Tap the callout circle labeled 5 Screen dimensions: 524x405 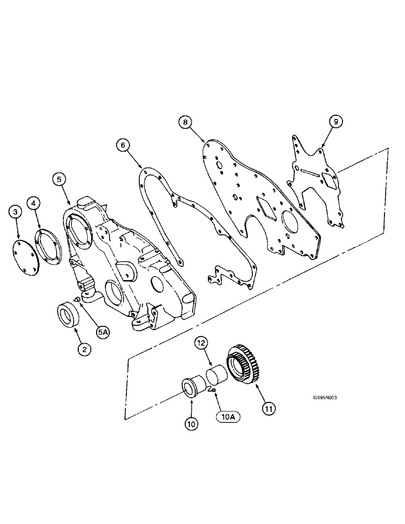tap(59, 179)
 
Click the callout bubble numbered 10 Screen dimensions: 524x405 tap(191, 424)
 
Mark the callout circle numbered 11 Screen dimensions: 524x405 tap(268, 406)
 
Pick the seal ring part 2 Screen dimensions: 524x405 tap(68, 316)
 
